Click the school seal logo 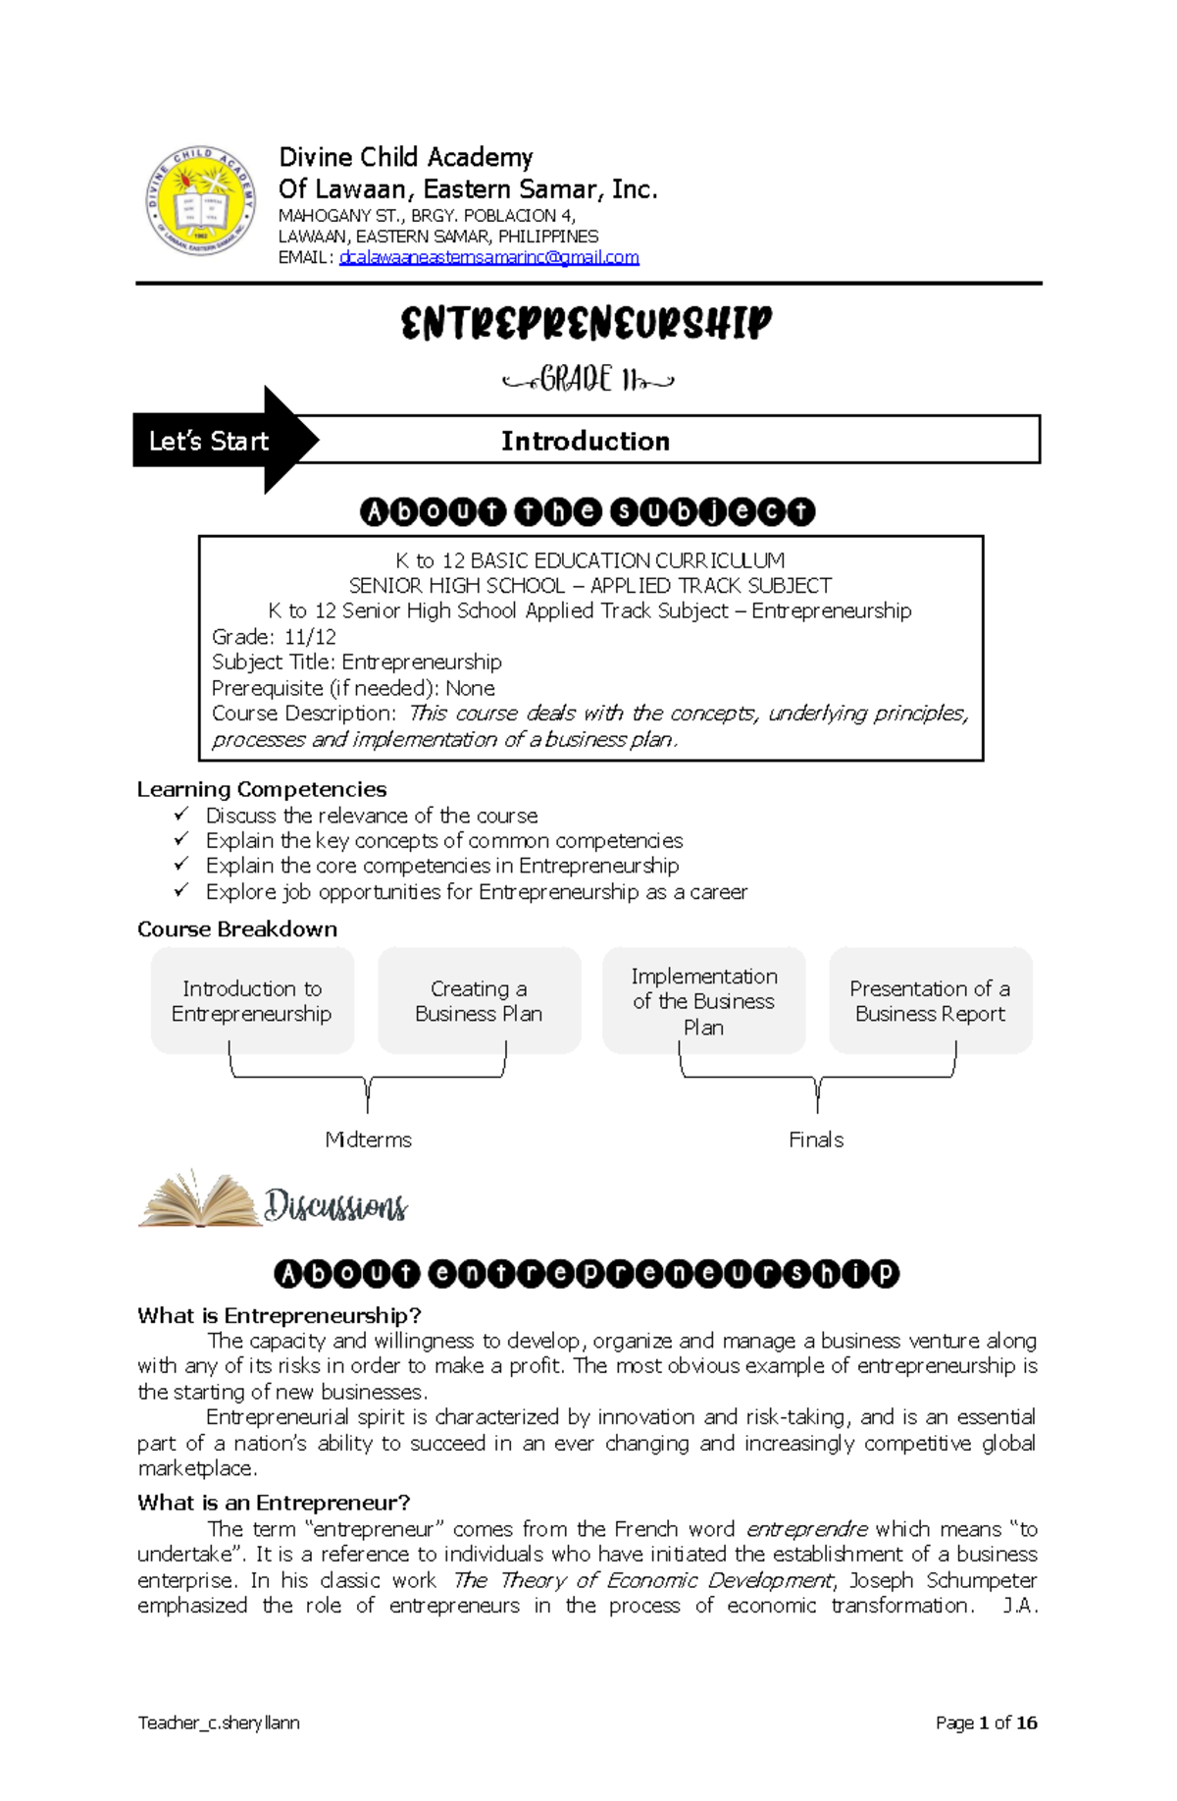pyautogui.click(x=201, y=202)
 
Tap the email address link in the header pyautogui.click(x=488, y=257)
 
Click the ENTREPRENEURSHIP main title pyautogui.click(x=587, y=324)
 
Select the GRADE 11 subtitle pyautogui.click(x=588, y=379)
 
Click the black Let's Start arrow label pyautogui.click(x=211, y=441)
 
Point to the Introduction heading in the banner pyautogui.click(x=586, y=441)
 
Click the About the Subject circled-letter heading pyautogui.click(x=588, y=511)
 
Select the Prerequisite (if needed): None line pyautogui.click(x=353, y=687)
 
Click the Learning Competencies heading pyautogui.click(x=262, y=789)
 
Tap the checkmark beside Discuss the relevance pyautogui.click(x=181, y=814)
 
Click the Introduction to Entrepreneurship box pyautogui.click(x=252, y=1001)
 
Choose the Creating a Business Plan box pyautogui.click(x=479, y=1001)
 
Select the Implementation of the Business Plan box pyautogui.click(x=703, y=1001)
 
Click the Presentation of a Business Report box pyautogui.click(x=930, y=1001)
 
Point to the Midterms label pyautogui.click(x=368, y=1139)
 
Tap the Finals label pyautogui.click(x=816, y=1139)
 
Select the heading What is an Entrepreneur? pyautogui.click(x=274, y=1503)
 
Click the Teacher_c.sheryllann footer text pyautogui.click(x=219, y=1722)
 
